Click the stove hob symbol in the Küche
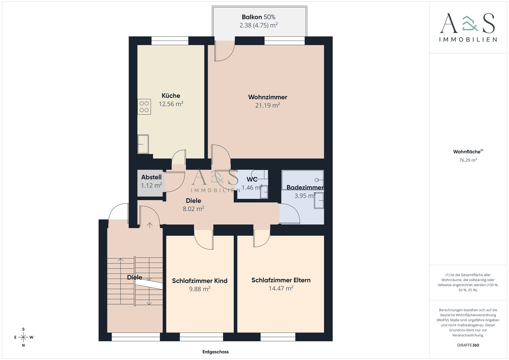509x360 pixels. (144, 107)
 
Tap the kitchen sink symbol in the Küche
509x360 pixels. (143, 144)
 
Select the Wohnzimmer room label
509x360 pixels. (267, 97)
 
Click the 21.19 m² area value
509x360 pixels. (267, 105)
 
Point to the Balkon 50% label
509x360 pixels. (258, 17)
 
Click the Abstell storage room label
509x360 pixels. (151, 177)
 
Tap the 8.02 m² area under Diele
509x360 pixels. (193, 209)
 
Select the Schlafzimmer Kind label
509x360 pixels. (200, 281)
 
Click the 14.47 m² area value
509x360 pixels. (281, 288)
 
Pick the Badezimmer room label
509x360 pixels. (305, 187)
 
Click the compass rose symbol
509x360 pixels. (24, 337)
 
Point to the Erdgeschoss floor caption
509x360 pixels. (216, 352)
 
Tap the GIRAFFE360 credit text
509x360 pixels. (468, 345)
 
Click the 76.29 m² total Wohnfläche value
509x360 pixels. (468, 160)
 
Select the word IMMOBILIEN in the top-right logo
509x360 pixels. (468, 39)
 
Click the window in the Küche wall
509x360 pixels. (170, 41)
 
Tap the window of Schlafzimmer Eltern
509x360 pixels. (278, 337)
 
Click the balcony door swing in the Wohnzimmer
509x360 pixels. (225, 51)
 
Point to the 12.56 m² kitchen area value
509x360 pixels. (171, 104)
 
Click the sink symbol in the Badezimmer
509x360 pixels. (319, 200)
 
